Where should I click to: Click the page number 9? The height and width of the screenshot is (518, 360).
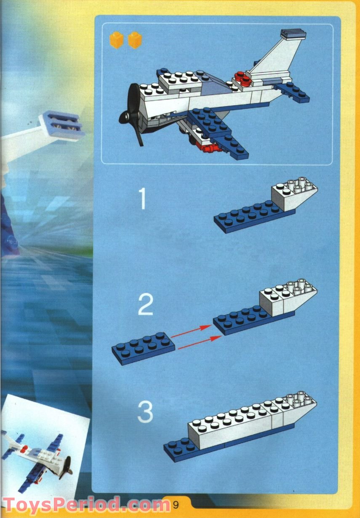tap(176, 503)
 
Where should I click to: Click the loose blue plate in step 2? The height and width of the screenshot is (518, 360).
tap(143, 347)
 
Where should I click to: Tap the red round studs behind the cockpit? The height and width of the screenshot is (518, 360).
tap(242, 78)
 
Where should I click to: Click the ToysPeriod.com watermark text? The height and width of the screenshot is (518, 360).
tap(84, 504)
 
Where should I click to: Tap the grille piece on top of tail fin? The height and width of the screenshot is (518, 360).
tap(292, 34)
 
